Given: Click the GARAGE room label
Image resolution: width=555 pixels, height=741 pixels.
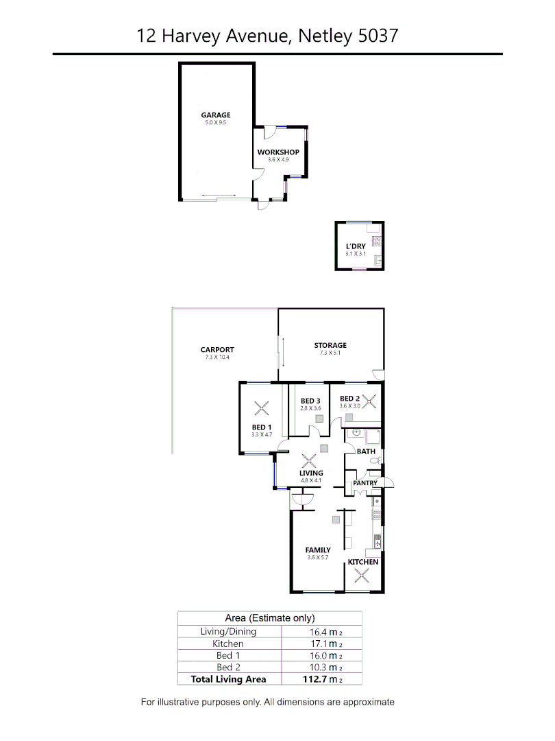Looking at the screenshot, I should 215,115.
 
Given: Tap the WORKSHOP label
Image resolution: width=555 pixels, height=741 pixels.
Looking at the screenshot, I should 278,152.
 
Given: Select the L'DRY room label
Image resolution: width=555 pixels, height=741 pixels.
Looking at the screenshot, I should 356,246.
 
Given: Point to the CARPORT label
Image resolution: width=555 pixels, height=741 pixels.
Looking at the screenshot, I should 217,349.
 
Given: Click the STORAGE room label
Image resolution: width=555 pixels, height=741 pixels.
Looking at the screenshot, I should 330,345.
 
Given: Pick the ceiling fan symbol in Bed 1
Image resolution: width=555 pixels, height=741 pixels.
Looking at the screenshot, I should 261,409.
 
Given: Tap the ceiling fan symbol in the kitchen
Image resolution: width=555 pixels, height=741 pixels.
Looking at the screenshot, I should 361,576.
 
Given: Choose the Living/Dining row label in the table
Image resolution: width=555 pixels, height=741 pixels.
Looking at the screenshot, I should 228,631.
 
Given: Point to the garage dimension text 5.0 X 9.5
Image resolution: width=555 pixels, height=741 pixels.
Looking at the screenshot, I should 215,123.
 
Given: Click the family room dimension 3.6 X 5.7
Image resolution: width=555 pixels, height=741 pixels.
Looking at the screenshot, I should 318,557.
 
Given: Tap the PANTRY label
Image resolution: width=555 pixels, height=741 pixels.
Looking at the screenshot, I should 365,483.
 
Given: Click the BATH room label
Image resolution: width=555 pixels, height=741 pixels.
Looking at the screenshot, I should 366,451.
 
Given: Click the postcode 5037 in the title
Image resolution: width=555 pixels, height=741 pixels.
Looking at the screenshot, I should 378,36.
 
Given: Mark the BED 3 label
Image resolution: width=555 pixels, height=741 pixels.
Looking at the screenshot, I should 310,401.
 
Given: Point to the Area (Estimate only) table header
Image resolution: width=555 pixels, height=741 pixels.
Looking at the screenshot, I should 270,617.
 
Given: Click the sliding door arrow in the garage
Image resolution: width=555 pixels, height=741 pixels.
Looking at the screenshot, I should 219,196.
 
